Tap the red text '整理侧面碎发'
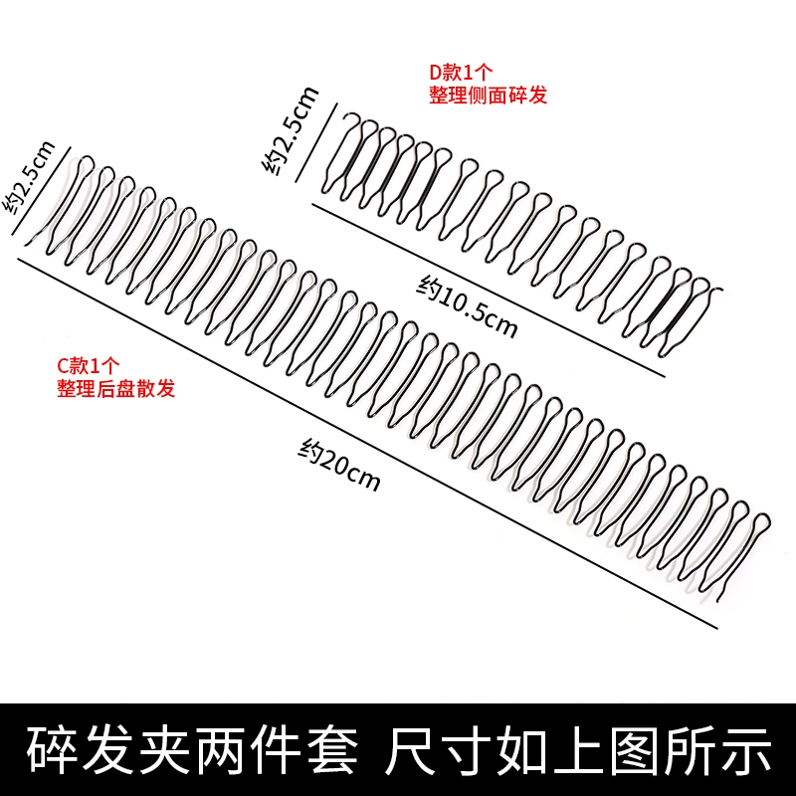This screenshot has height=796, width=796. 488,96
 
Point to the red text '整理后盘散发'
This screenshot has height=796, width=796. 116,388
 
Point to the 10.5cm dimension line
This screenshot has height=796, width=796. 488,290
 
